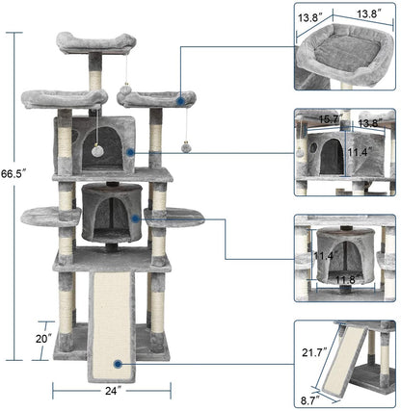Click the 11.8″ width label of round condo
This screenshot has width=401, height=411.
click(344, 280)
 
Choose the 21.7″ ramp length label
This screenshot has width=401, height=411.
click(311, 357)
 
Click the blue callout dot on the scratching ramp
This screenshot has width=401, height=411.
click(117, 364)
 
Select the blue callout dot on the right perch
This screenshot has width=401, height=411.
click(179, 97)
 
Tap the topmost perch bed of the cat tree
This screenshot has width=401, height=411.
click(95, 42)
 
